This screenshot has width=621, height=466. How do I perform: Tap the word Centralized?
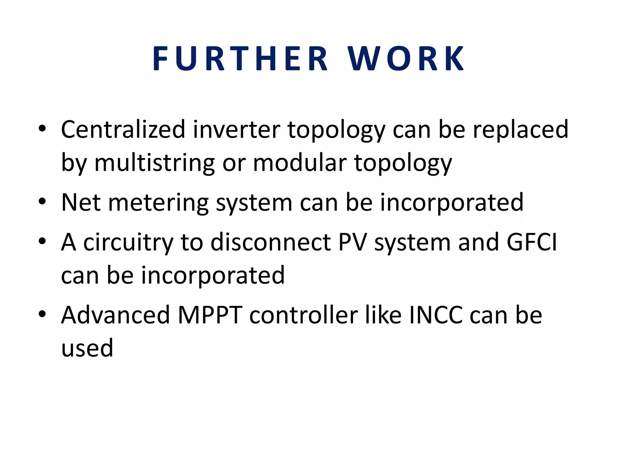[x=123, y=130]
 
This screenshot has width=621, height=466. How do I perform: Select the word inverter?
[x=237, y=130]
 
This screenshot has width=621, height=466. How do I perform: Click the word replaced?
[x=520, y=130]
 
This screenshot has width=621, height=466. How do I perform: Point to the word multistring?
[x=155, y=163]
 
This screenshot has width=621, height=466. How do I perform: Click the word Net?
[x=81, y=202]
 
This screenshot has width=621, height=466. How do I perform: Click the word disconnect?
[x=270, y=242]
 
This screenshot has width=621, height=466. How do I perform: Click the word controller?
[x=303, y=315]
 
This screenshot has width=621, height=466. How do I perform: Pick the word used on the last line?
[x=87, y=348]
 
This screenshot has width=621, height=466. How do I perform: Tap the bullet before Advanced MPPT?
[x=42, y=314]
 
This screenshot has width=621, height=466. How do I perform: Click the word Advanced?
[x=115, y=315]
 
